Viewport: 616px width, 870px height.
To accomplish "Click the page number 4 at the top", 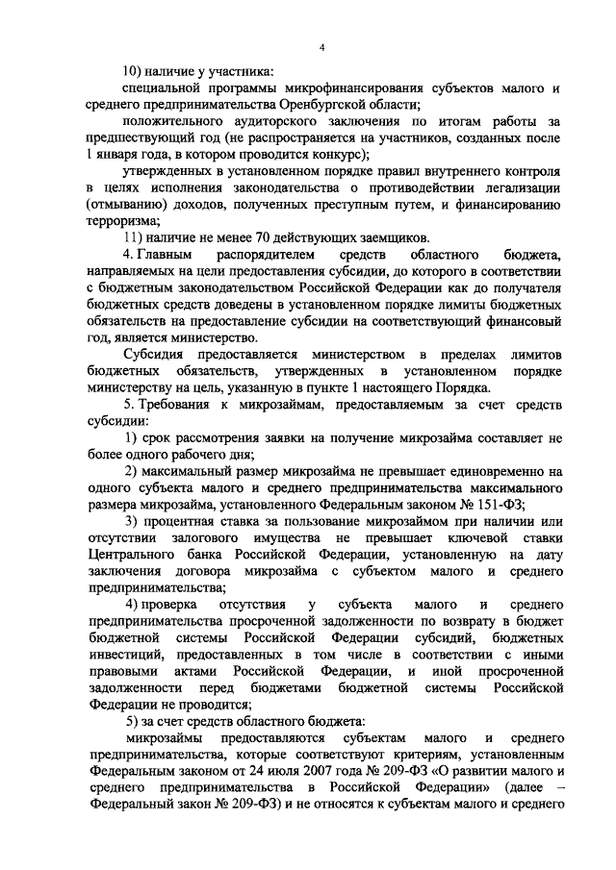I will click(x=322, y=48).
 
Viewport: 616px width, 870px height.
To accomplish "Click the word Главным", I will click(x=165, y=255).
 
